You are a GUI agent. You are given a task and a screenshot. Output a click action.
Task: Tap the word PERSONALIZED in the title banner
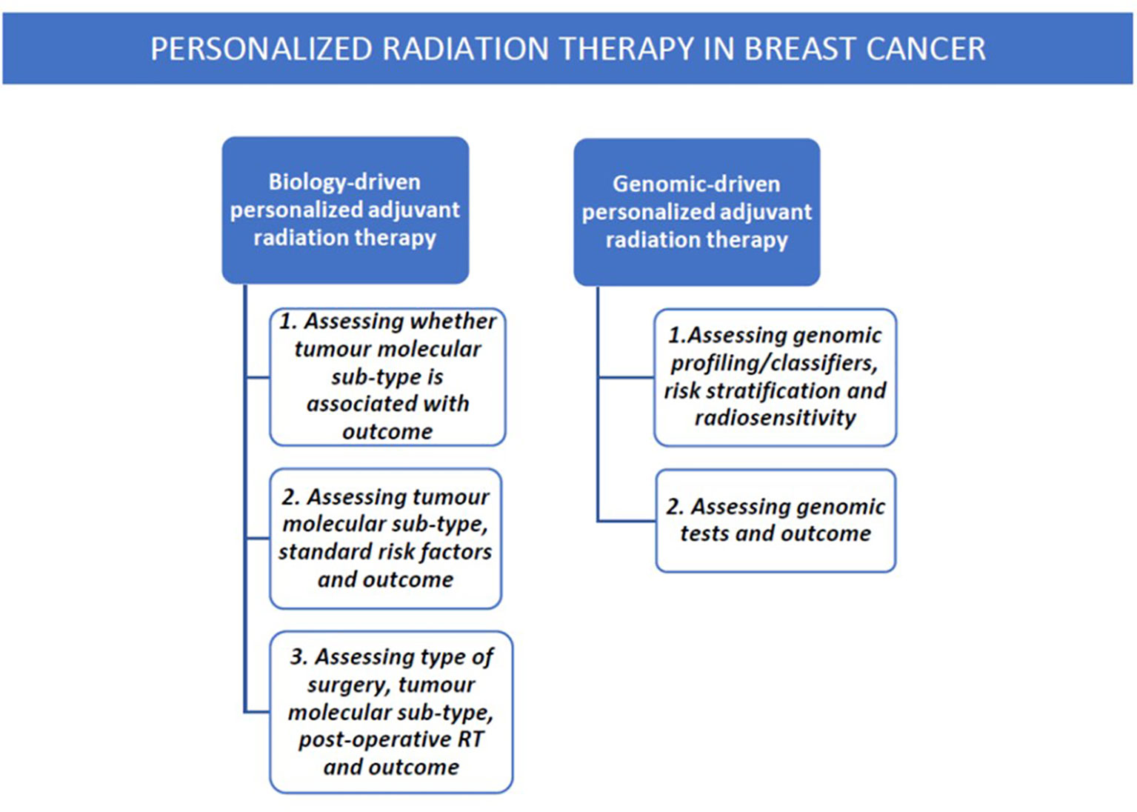coord(261,49)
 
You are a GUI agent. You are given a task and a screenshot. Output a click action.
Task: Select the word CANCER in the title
coord(926,49)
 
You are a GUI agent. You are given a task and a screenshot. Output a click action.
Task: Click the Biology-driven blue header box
coord(345,210)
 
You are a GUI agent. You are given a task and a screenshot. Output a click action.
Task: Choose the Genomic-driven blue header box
coord(696,212)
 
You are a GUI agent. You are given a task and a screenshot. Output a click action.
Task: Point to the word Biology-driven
coord(344,182)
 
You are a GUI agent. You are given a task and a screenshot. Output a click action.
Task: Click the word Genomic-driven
coord(696,184)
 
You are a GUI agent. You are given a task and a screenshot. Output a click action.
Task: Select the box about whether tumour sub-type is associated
coord(387,377)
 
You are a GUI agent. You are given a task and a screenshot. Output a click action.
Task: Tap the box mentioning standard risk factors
coord(385,539)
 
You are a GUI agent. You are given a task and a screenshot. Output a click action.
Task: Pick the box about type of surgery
coord(391,712)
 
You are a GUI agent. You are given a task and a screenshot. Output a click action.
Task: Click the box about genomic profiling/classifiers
coord(775,377)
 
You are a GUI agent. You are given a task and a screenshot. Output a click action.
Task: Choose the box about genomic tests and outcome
coord(776,521)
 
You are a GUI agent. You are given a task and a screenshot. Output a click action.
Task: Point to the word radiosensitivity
coord(775,418)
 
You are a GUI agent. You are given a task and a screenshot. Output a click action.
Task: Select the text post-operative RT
coord(391,739)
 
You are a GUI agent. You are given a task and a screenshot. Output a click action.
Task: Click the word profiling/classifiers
coord(775,363)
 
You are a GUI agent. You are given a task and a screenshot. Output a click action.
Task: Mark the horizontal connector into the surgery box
coord(257,712)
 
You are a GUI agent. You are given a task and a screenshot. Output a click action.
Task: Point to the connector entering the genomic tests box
coord(627,521)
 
